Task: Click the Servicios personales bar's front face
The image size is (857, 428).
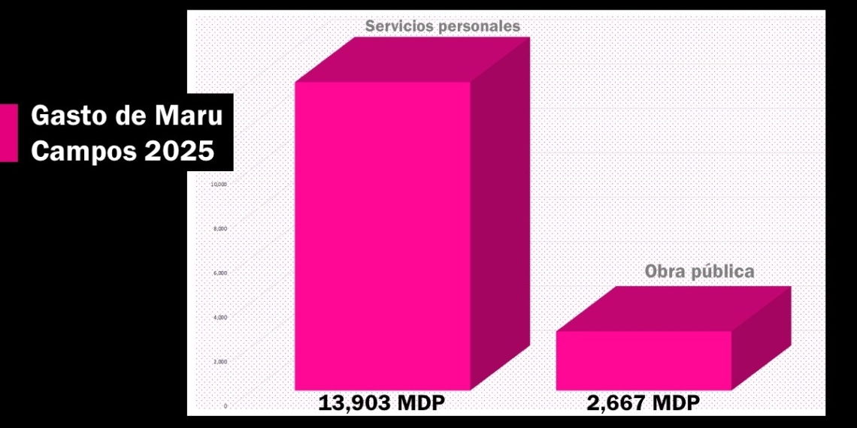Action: pos(383,236)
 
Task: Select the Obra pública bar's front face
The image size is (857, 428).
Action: pos(644,360)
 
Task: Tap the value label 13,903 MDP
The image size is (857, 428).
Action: pos(382,403)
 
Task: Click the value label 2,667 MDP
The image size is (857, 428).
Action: pos(644,403)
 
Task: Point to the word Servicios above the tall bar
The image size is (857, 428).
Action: pos(399,26)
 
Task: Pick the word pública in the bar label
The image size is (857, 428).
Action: pos(723,272)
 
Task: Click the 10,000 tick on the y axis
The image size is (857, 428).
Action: pos(219,184)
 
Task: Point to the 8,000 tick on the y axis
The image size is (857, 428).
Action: pos(220,228)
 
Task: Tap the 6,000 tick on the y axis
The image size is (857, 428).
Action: pos(220,273)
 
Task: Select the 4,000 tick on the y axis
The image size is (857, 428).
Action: pos(220,318)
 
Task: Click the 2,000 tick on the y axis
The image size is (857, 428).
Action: pos(220,362)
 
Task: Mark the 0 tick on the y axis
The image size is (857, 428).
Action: pos(225,406)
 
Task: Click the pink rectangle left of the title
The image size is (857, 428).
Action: pos(8,133)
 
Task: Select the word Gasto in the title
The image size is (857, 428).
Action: pos(67,117)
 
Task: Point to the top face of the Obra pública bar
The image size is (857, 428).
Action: pos(674,309)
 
